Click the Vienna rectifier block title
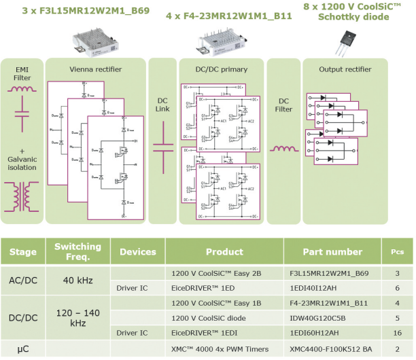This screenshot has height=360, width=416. pos(95,69)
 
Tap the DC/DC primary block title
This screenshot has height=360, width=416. pos(221,69)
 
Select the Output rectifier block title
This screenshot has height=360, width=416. pos(345,69)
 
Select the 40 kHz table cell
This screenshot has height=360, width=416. pos(77,280)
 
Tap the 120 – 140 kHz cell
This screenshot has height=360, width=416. pos(77,316)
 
